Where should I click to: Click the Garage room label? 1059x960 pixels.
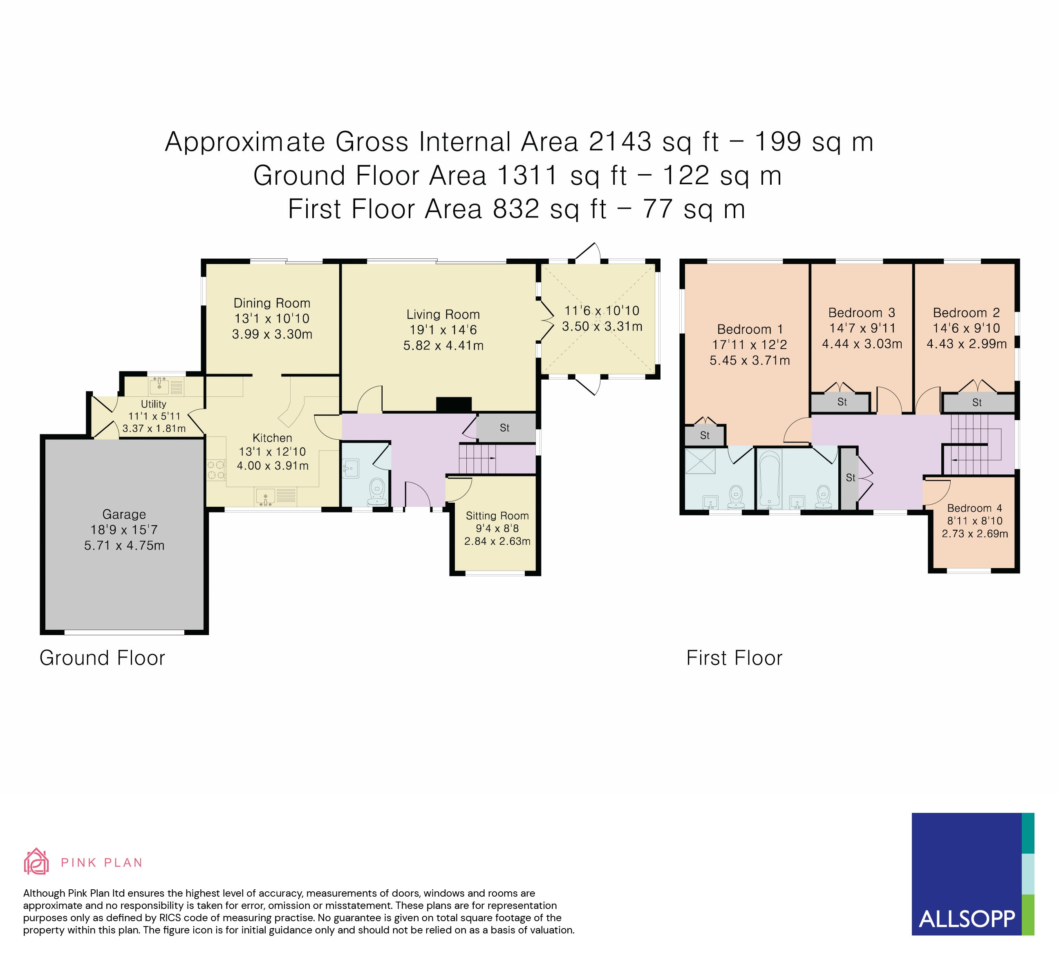tap(124, 515)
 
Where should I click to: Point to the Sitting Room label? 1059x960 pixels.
tap(497, 516)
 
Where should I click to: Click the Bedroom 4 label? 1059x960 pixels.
tap(974, 508)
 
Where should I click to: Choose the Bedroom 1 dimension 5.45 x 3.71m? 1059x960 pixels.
tap(750, 360)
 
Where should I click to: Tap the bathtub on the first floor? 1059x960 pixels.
tap(770, 479)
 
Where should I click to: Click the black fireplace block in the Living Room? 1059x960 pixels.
tap(454, 404)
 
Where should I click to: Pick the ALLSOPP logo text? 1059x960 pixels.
tap(967, 919)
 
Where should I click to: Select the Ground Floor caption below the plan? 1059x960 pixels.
tap(103, 658)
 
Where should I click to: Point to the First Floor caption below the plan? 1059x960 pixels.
tap(734, 658)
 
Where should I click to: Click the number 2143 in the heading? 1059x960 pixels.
tap(620, 141)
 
